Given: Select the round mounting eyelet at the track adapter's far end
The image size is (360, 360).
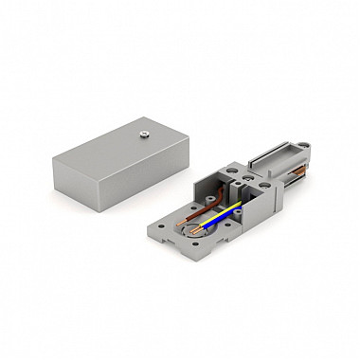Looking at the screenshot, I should (x=307, y=147).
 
